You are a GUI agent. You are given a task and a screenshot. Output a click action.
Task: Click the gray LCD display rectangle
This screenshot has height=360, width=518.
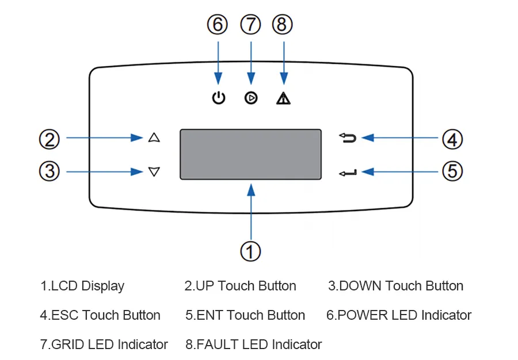(x=250, y=154)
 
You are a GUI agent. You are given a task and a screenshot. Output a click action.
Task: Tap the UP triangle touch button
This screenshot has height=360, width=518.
(x=153, y=137)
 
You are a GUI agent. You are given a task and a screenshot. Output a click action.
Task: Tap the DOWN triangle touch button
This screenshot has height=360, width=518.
(x=153, y=171)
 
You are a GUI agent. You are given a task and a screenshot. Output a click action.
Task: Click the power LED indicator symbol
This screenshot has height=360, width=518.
(x=218, y=98)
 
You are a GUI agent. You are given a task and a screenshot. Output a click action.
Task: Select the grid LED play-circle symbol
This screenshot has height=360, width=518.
(x=250, y=98)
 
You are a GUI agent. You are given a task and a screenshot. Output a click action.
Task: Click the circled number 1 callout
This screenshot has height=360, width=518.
(x=250, y=251)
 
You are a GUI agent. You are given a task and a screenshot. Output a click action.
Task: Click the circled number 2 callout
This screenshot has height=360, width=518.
(x=49, y=139)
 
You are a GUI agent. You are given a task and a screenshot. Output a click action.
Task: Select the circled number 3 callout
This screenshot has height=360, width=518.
(x=49, y=171)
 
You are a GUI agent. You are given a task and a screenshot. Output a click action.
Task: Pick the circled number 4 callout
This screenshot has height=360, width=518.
(x=452, y=139)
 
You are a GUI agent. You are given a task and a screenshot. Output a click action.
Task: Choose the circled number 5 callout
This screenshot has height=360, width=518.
(x=452, y=171)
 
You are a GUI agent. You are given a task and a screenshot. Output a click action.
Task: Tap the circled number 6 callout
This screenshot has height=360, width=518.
(x=218, y=25)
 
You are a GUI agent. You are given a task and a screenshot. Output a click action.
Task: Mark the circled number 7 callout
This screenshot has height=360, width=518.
(x=250, y=25)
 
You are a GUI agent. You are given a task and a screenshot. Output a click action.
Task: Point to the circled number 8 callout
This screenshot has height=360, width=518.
(x=283, y=25)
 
